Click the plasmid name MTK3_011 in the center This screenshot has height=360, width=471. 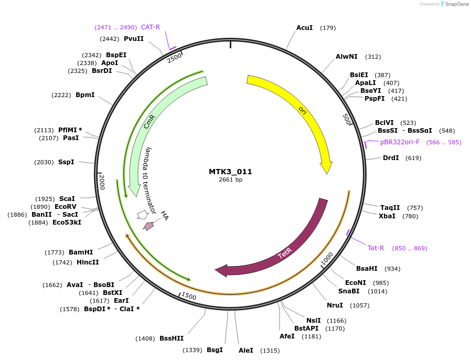[230, 172]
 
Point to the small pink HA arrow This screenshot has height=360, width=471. [149, 226]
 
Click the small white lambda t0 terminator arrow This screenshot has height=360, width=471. [142, 215]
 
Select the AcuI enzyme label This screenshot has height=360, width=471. [305, 27]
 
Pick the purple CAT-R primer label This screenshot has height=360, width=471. [151, 27]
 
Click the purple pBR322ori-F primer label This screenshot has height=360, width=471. [400, 142]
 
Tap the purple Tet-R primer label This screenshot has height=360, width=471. [376, 248]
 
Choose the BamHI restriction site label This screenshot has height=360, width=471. [80, 252]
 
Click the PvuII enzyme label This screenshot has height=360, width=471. [134, 38]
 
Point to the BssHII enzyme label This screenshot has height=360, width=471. [172, 338]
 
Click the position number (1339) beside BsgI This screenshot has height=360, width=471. [192, 350]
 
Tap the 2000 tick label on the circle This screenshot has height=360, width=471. [102, 182]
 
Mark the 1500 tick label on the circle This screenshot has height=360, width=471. [188, 297]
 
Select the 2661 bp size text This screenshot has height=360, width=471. [230, 180]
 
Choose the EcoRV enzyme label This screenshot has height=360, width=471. [66, 206]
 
